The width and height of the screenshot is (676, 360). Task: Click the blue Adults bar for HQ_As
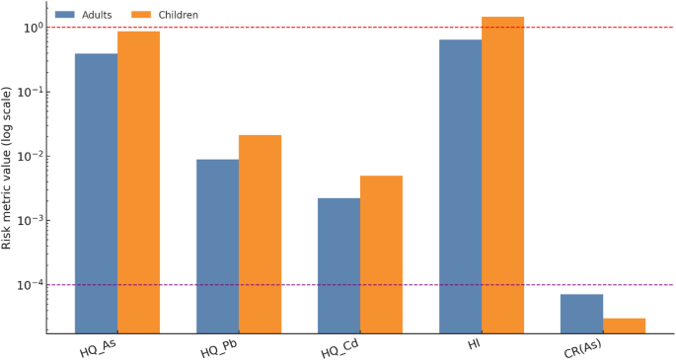coord(96,193)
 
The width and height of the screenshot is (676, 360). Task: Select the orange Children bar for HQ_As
coord(138,182)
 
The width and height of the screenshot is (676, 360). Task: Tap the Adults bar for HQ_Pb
coord(217,247)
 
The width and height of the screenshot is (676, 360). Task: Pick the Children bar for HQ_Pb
coord(260,234)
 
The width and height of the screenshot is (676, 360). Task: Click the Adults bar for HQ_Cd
coord(338,265)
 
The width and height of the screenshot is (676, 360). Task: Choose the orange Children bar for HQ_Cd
coord(381,254)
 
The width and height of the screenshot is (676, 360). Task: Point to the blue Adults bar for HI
coord(460,186)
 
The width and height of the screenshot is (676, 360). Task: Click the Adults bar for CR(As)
coord(581,314)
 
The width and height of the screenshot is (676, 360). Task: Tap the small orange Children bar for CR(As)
coord(624,325)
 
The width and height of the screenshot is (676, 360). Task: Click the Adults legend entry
coord(84,15)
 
